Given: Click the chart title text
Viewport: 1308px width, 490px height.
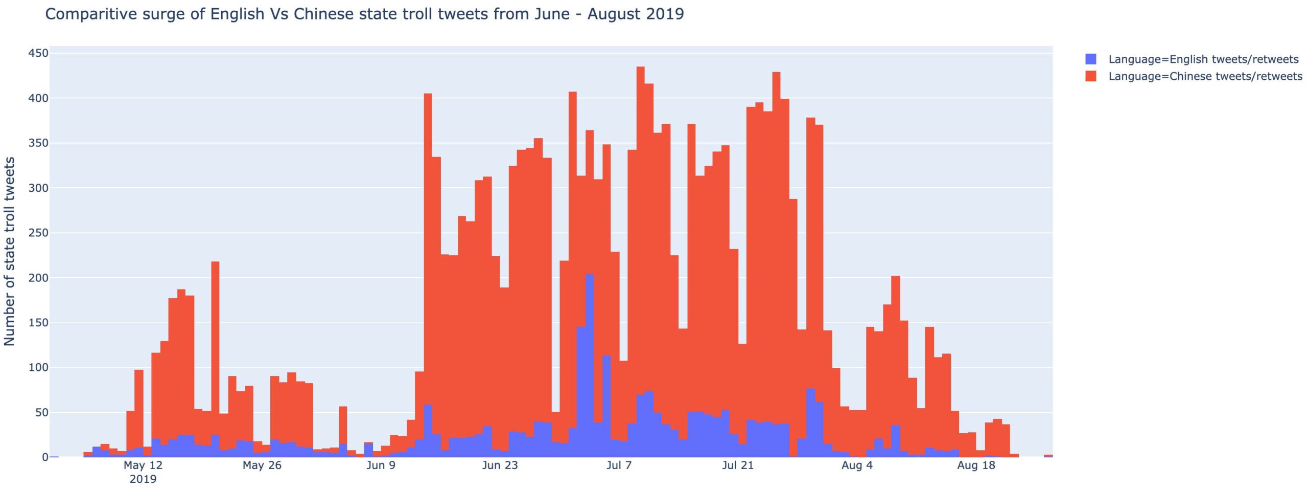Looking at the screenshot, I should [x=364, y=14].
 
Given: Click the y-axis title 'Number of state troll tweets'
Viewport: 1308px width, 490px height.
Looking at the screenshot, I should [x=9, y=251].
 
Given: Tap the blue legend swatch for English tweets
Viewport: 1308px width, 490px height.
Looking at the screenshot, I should [x=1091, y=59].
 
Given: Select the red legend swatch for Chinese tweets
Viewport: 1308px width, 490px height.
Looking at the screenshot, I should [x=1091, y=77].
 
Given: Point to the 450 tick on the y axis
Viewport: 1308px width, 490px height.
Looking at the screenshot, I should [x=38, y=53].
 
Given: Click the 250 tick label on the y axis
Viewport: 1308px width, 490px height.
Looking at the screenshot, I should [x=38, y=233].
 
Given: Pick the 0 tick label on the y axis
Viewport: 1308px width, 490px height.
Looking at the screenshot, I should [x=45, y=457].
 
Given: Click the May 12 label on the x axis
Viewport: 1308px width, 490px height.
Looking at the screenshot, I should [x=143, y=465].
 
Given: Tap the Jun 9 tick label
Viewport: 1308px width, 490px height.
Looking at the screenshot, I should [x=381, y=465].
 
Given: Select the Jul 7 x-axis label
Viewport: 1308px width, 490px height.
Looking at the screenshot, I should [x=619, y=465].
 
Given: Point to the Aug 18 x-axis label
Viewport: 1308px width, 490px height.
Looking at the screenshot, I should [x=976, y=465].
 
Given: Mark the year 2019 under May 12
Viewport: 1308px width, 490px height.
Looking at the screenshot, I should [x=143, y=479].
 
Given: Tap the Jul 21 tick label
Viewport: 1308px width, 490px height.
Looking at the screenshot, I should [x=738, y=465].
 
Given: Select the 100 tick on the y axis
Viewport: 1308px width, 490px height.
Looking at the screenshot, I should [x=38, y=367].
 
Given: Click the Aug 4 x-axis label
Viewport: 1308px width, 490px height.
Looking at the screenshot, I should [x=857, y=465].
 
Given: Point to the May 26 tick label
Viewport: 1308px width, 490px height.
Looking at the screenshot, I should [x=262, y=465].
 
